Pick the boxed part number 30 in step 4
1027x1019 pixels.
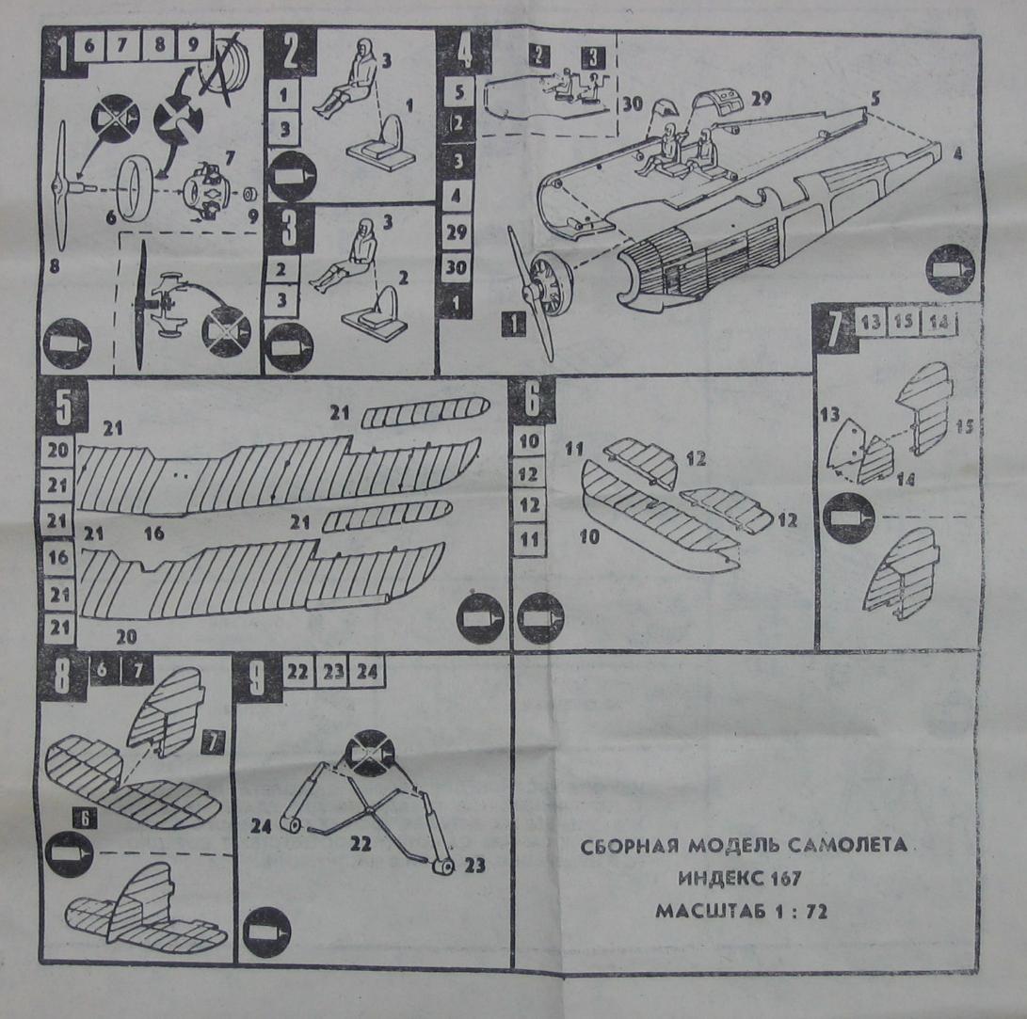pos(457,267)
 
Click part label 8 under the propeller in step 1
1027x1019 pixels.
pos(53,267)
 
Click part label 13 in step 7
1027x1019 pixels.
pos(829,413)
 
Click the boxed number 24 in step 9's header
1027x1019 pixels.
pos(368,673)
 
